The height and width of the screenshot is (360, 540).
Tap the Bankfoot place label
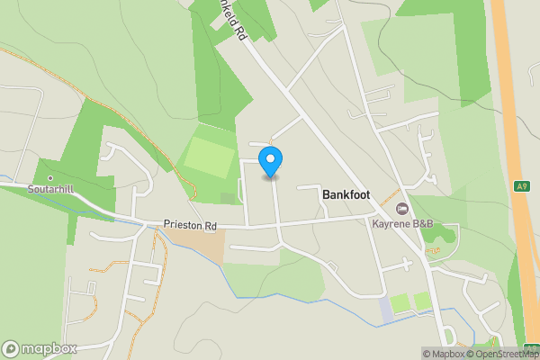pos(346,194)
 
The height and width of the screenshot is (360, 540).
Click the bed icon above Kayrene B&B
pos(401,209)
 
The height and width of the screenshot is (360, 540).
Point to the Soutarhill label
pos(50,189)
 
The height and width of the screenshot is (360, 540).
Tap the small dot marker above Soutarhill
pos(50,178)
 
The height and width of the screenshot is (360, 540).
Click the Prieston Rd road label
pos(190,225)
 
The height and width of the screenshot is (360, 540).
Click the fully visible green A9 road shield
pos(522,186)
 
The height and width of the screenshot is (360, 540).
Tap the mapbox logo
pos(40,348)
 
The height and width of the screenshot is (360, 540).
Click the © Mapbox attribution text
pos(442,354)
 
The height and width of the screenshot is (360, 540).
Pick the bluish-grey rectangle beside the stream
pos(385,310)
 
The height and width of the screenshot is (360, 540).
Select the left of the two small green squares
pos(400,302)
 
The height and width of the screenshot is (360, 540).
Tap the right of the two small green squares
pos(421,301)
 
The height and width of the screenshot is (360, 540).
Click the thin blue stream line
pos(297,296)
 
